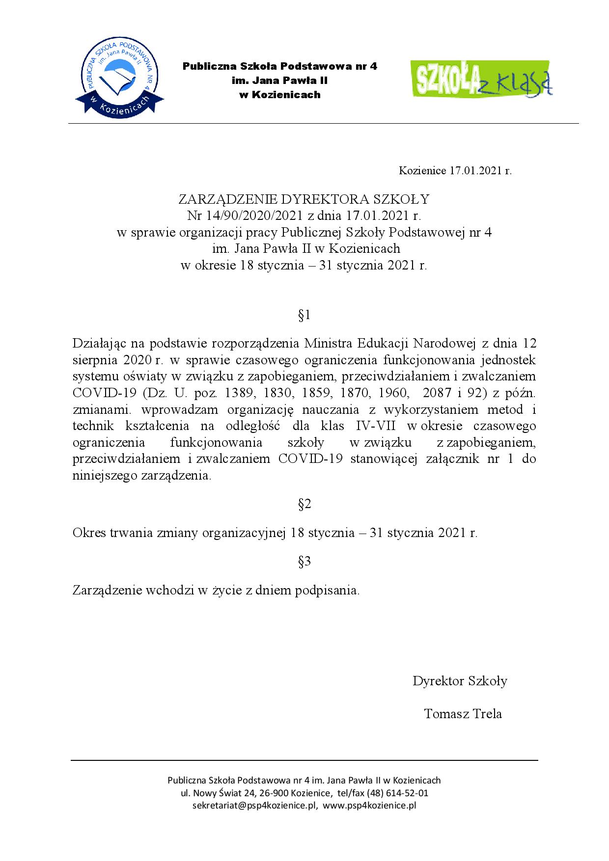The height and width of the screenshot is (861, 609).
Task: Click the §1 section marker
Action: click(x=304, y=315)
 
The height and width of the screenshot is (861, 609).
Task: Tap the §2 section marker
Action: click(x=304, y=504)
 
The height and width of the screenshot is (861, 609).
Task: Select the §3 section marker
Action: click(x=304, y=562)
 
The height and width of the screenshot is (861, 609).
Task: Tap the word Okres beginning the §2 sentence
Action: click(x=89, y=533)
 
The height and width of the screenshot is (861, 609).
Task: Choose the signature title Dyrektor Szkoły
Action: click(x=460, y=681)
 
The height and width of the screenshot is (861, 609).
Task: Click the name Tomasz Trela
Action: click(x=463, y=713)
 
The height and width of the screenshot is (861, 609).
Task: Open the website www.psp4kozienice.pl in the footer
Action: click(x=369, y=806)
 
